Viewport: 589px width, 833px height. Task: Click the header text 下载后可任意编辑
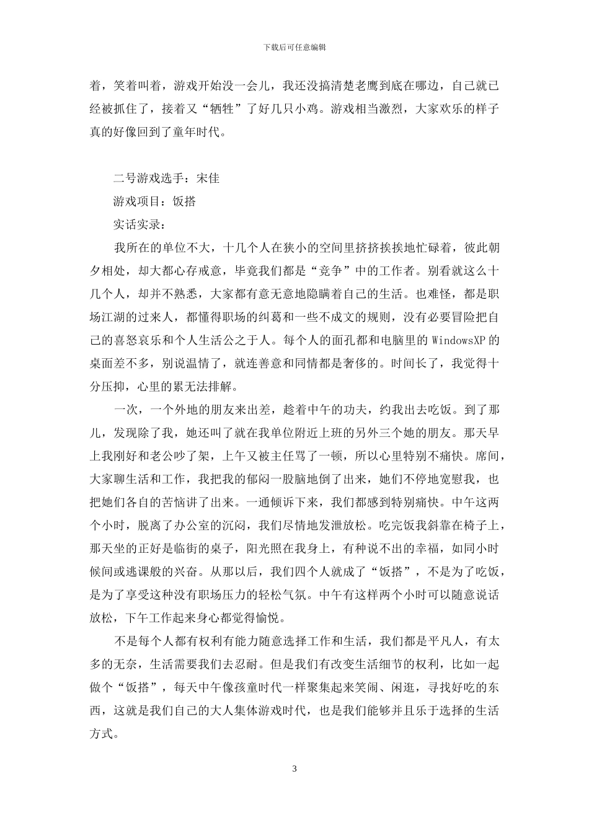(x=294, y=47)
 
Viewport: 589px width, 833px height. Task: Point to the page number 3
(x=294, y=769)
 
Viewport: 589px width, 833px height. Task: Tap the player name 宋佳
(x=208, y=178)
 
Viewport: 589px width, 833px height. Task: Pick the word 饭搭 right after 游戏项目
(x=184, y=201)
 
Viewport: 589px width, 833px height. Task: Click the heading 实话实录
(x=136, y=224)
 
